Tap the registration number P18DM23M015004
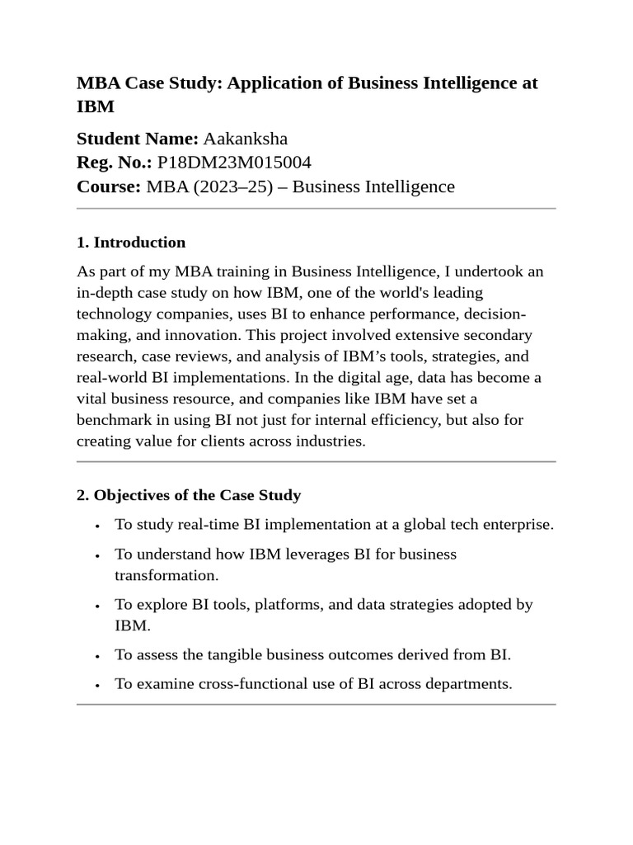pyautogui.click(x=234, y=162)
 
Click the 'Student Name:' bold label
pyautogui.click(x=138, y=138)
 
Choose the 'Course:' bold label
pyautogui.click(x=109, y=186)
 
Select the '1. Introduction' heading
pyautogui.click(x=131, y=243)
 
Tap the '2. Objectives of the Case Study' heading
pyautogui.click(x=189, y=496)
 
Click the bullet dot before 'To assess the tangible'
pyautogui.click(x=98, y=656)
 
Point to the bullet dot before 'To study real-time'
pyautogui.click(x=98, y=526)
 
